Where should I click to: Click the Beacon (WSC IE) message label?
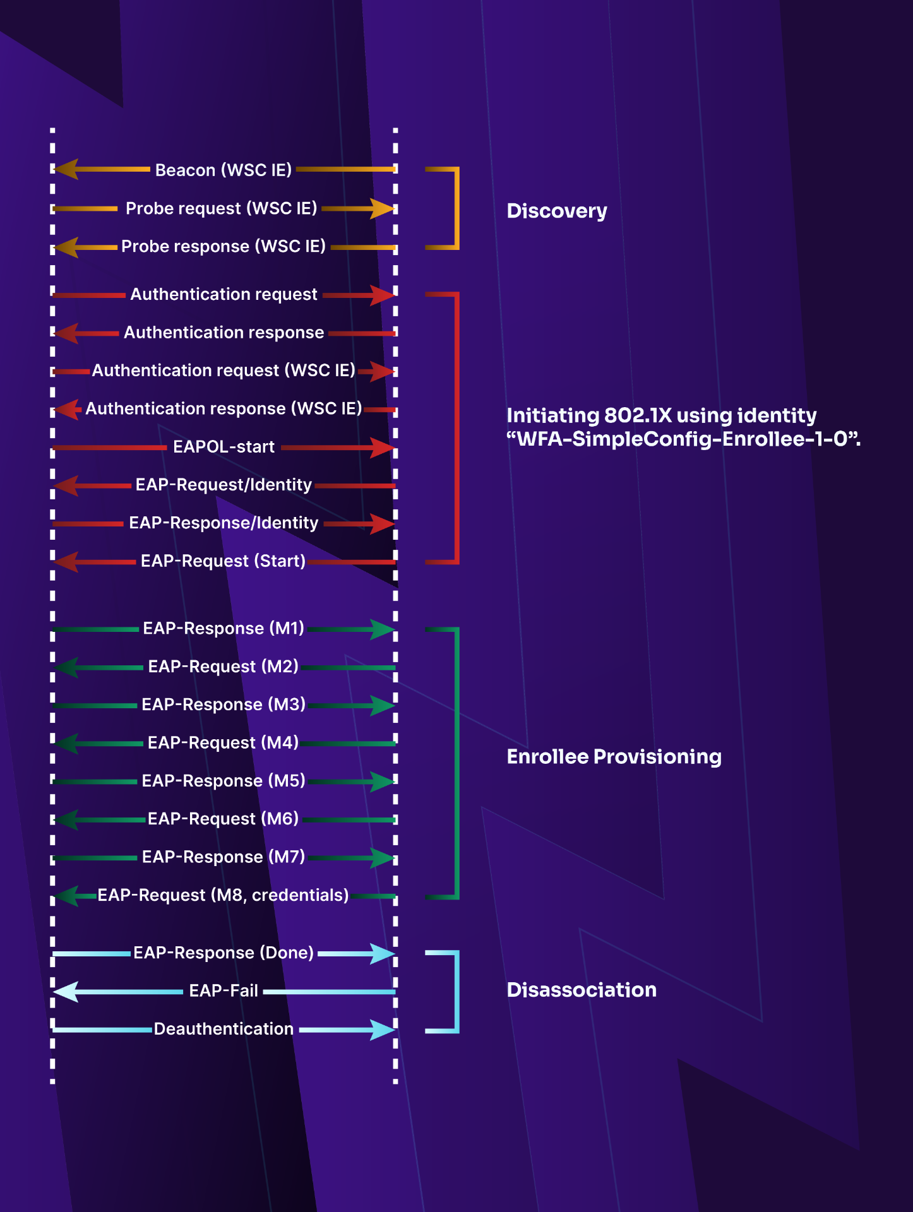224,170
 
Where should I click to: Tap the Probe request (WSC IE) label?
222,208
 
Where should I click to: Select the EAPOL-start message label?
224,447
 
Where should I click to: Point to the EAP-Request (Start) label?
223,561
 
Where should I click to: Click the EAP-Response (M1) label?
224,629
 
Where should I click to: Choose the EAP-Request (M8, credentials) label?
223,895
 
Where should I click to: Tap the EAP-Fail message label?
224,991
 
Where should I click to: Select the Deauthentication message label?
224,1029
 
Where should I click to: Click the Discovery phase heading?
557,211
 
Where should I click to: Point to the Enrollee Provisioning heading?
614,757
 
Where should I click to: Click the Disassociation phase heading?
582,990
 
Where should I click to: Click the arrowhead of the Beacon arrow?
66,169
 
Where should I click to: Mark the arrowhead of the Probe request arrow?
382,208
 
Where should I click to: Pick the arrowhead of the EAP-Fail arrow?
66,992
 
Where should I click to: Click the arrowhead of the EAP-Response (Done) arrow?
382,953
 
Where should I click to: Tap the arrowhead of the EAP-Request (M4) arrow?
66,744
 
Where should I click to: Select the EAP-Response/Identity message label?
224,523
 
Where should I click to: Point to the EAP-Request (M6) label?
223,819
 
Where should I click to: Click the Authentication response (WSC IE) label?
224,409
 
